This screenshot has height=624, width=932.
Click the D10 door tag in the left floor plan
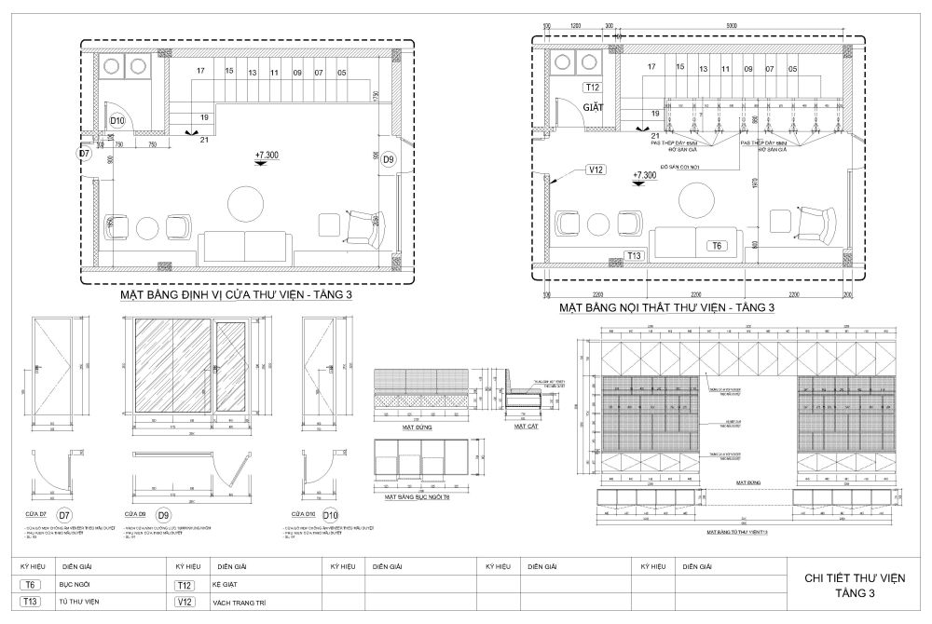click(117, 120)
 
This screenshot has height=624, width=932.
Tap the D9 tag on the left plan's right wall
click(389, 160)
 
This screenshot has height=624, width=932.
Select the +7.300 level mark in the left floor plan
click(266, 156)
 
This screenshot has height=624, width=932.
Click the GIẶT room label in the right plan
click(594, 107)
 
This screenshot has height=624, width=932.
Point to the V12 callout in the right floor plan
click(596, 170)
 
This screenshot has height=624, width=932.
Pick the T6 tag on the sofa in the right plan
click(716, 246)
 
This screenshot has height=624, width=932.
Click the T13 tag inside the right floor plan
click(635, 255)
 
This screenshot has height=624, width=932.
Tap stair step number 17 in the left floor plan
click(200, 72)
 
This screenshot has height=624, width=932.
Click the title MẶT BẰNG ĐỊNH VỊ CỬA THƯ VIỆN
click(235, 295)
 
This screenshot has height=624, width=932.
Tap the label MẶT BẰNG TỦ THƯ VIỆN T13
click(736, 531)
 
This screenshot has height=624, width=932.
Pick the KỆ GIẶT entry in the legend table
click(228, 584)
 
